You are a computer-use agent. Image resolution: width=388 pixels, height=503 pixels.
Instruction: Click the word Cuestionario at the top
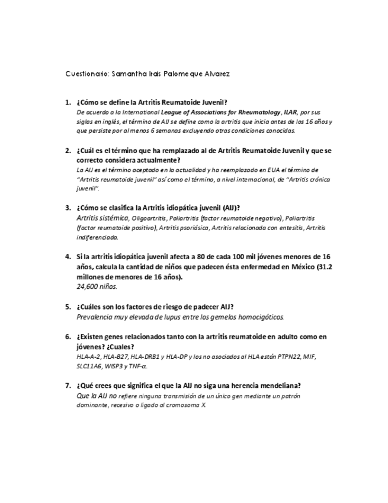tap(86, 74)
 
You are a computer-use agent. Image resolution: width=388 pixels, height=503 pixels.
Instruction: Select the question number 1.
tap(68, 102)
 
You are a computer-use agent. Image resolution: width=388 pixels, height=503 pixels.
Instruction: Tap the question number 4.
tap(68, 257)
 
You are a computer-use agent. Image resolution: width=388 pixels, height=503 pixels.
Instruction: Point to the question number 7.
tap(68, 385)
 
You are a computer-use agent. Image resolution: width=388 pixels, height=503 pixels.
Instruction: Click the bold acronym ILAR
tap(290, 112)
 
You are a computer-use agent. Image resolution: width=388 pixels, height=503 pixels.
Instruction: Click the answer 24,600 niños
tap(97, 286)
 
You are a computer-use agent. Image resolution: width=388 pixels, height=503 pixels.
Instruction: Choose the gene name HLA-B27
tap(115, 356)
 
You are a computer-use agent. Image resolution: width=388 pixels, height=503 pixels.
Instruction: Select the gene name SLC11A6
tap(89, 366)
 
